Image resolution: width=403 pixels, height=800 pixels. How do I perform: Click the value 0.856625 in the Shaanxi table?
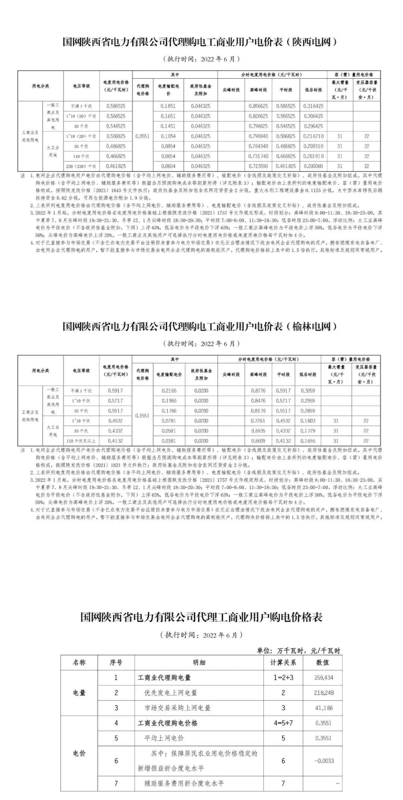pyautogui.click(x=258, y=106)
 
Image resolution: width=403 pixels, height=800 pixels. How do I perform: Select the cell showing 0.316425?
pyautogui.click(x=313, y=106)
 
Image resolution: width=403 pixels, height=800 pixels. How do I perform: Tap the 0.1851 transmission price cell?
pyautogui.click(x=168, y=106)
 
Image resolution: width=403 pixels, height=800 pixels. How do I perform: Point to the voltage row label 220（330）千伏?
pyautogui.click(x=81, y=166)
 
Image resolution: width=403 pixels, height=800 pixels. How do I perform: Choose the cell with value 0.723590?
pyautogui.click(x=258, y=166)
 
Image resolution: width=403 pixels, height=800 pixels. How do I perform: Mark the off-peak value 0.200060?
pyautogui.click(x=313, y=166)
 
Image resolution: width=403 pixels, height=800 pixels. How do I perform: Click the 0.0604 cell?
pyautogui.click(x=168, y=166)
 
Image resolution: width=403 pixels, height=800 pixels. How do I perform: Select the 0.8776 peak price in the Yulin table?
pyautogui.click(x=258, y=391)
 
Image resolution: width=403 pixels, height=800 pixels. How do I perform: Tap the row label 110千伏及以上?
pyautogui.click(x=81, y=441)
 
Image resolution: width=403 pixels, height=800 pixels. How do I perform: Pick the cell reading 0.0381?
pyautogui.click(x=169, y=441)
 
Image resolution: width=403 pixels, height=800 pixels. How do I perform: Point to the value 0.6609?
pyautogui.click(x=258, y=441)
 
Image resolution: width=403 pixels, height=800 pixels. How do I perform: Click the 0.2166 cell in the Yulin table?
pyautogui.click(x=169, y=391)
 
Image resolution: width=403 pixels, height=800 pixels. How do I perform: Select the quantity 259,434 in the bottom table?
pyautogui.click(x=324, y=678)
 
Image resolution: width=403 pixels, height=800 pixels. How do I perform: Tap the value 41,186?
pyautogui.click(x=324, y=708)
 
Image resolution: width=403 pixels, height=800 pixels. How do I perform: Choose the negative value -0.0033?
pyautogui.click(x=324, y=761)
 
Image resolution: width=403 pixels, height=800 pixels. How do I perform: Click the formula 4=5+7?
pyautogui.click(x=283, y=723)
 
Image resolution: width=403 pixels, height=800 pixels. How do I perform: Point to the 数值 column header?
pyautogui.click(x=322, y=662)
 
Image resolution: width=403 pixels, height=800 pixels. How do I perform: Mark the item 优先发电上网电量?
pyautogui.click(x=171, y=693)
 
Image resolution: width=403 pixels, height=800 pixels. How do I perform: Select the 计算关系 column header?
pyautogui.click(x=283, y=662)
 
